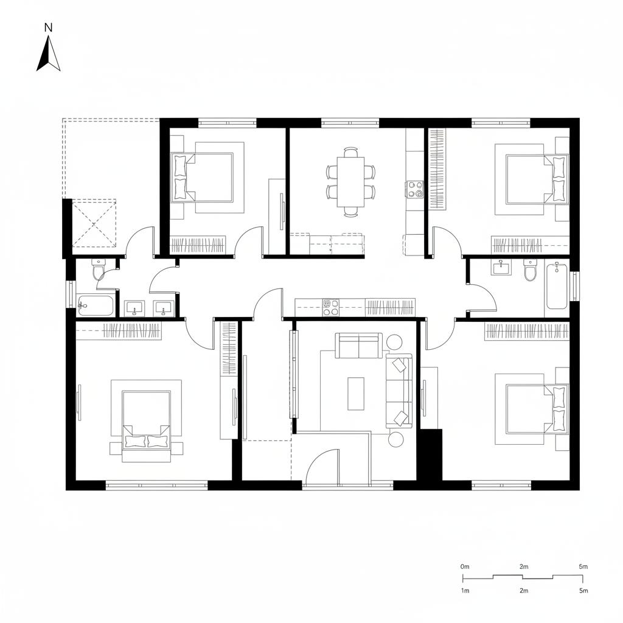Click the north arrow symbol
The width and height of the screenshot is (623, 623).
click(49, 54)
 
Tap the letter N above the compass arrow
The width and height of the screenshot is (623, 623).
click(49, 27)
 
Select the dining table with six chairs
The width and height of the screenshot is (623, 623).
click(351, 182)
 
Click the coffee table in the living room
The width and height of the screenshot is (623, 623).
click(356, 393)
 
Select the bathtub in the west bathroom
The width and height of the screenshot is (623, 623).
click(96, 305)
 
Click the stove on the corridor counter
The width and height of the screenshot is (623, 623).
click(331, 307)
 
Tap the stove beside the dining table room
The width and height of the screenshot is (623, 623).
click(415, 189)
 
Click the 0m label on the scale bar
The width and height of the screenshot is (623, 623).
click(465, 566)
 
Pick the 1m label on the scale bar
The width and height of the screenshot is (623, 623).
click(465, 591)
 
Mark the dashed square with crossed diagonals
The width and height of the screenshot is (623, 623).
click(94, 223)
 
